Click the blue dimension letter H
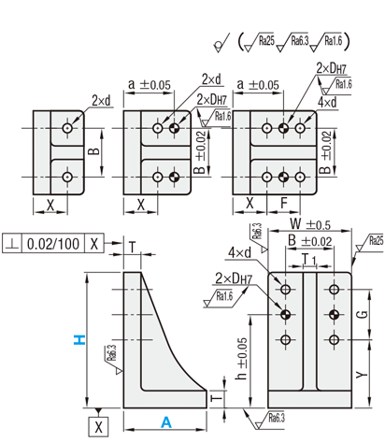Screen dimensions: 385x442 tap(79, 340)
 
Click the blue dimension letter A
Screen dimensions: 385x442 tap(166, 422)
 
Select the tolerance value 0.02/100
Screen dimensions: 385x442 tap(53, 244)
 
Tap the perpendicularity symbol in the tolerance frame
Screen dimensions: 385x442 tap(12, 244)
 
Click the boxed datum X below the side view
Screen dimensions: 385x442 tap(98, 427)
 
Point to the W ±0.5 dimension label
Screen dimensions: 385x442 tap(310, 224)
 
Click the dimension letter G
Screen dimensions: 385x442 tap(362, 315)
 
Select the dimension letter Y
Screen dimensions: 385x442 tap(362, 375)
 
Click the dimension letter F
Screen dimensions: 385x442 tap(284, 204)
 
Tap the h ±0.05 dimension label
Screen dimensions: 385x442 tap(242, 359)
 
